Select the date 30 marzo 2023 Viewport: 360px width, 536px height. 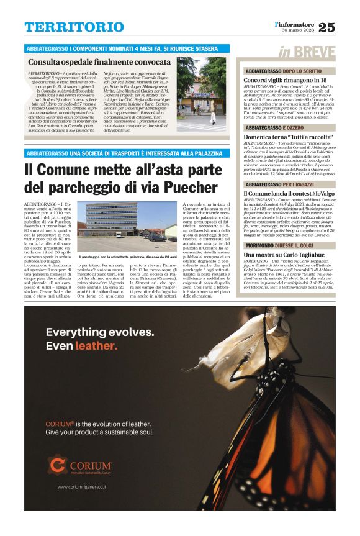[x=299, y=30]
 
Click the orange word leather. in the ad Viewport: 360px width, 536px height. [x=96, y=346]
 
